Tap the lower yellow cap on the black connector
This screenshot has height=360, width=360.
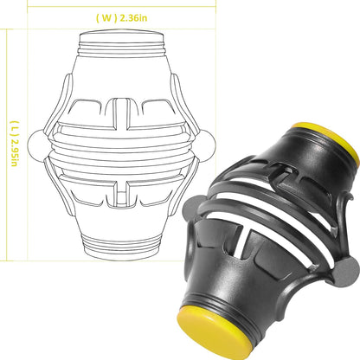click(214, 331)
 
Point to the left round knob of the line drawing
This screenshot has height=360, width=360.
click(35, 144)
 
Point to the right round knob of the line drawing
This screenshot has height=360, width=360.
click(208, 144)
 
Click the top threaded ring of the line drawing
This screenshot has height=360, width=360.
click(122, 48)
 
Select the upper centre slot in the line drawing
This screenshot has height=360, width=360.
click(121, 114)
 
